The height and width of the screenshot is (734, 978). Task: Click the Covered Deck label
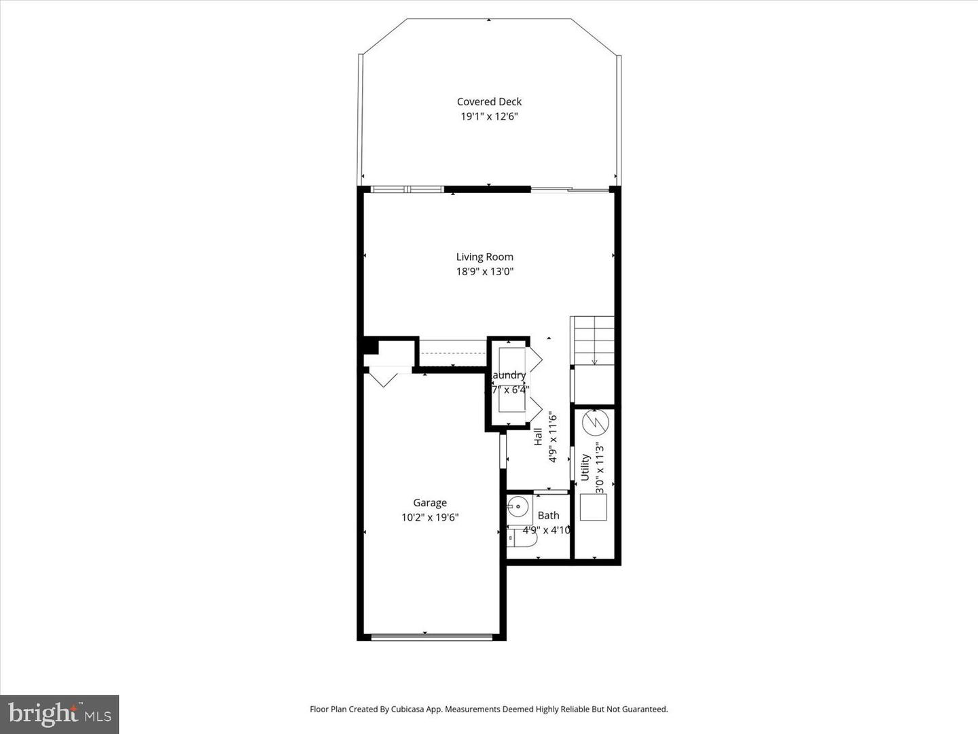489,102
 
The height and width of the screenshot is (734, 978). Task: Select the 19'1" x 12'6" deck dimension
489,116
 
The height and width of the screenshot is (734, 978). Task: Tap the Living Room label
484,257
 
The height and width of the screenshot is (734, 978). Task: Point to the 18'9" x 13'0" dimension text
484,272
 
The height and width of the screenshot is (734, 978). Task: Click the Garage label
430,503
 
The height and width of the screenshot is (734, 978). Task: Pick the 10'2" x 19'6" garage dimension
430,518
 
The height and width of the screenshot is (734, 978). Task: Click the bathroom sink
519,506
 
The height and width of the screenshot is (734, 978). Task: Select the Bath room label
548,516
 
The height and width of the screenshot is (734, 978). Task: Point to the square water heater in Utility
593,507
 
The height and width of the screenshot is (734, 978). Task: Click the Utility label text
585,468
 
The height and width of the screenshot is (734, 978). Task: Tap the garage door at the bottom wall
431,637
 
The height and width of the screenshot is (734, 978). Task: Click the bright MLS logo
60,714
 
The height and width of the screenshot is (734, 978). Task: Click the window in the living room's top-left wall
406,189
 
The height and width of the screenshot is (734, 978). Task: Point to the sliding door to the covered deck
570,190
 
